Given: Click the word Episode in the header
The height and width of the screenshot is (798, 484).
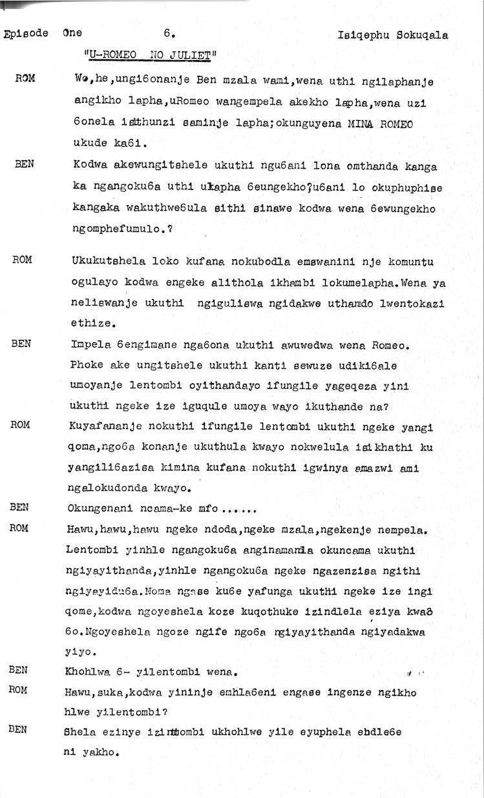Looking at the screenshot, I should click(26, 34).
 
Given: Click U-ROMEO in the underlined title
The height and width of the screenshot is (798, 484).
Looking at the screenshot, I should click(111, 55).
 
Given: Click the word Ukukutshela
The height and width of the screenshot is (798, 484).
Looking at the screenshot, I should click(105, 261).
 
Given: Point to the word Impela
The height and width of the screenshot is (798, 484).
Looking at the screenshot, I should click(89, 345).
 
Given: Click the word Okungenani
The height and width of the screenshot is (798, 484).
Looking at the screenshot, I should click(96, 509).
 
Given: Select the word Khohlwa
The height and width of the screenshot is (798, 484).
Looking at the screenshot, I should click(89, 671).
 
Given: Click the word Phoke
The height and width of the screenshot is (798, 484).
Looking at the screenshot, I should click(85, 365).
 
